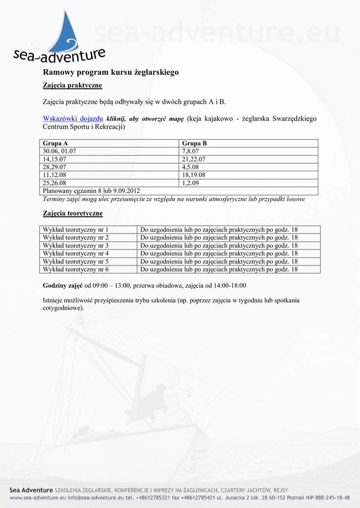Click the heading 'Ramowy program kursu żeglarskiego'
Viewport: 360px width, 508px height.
(x=111, y=72)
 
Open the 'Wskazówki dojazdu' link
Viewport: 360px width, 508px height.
(x=73, y=119)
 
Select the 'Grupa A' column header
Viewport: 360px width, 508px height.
(x=56, y=143)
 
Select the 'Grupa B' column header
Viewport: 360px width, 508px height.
(x=195, y=143)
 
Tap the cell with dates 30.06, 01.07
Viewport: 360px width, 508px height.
(x=60, y=151)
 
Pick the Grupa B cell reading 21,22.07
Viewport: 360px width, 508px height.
(x=194, y=159)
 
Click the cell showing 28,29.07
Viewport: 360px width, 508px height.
(x=55, y=167)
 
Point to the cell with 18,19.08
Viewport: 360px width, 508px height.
(x=194, y=175)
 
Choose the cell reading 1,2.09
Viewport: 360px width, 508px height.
(x=191, y=183)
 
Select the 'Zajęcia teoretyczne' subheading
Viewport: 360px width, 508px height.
(x=73, y=213)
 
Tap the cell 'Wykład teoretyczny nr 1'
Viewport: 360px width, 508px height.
(x=75, y=230)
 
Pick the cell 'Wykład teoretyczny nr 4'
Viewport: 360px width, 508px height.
(x=75, y=254)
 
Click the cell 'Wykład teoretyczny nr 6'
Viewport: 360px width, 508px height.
(x=75, y=269)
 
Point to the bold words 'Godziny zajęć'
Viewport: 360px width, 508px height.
(x=63, y=286)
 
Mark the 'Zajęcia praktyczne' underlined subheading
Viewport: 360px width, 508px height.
(x=72, y=85)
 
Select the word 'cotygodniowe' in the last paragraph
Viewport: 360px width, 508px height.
(x=63, y=308)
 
